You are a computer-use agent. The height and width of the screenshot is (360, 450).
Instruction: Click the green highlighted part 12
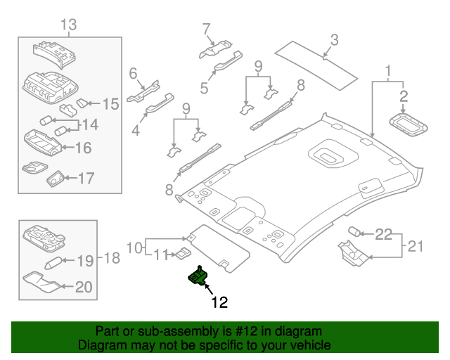click(x=197, y=276)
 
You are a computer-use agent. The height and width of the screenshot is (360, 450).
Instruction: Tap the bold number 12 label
click(x=219, y=303)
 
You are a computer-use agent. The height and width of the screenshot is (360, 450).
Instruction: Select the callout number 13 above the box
click(x=68, y=26)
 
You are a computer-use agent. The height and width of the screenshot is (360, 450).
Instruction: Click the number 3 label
click(x=334, y=40)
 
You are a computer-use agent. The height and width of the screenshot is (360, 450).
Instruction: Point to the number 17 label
click(x=85, y=179)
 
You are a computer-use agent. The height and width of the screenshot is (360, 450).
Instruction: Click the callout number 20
click(x=84, y=287)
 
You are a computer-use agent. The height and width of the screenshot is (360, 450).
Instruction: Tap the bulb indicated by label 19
click(x=56, y=264)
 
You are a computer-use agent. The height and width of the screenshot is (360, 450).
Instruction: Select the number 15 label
click(x=110, y=105)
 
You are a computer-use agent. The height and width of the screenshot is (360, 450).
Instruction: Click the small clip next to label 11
click(x=181, y=253)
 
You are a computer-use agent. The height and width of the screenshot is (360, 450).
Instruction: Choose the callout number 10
click(x=134, y=247)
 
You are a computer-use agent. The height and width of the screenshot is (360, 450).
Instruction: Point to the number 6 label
click(x=132, y=72)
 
